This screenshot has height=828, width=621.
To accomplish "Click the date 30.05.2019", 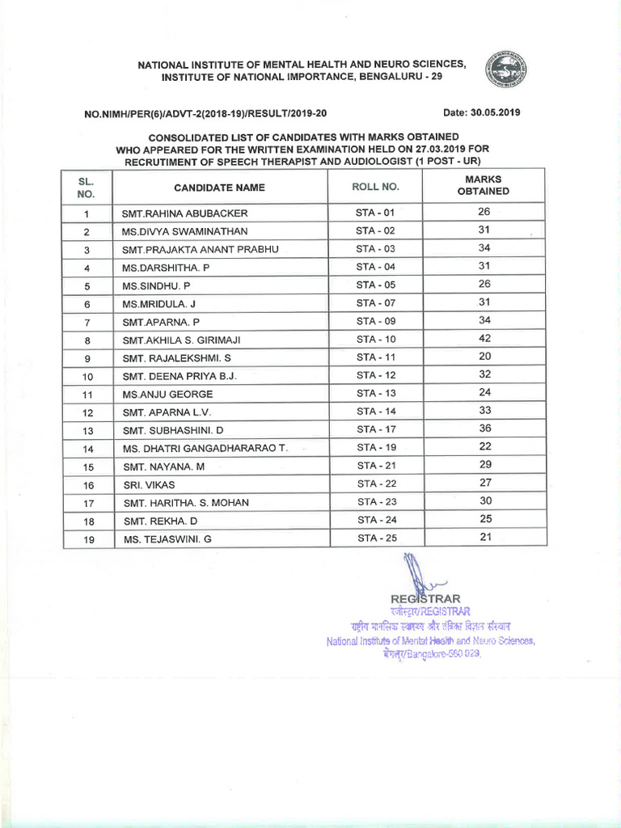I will (x=481, y=112).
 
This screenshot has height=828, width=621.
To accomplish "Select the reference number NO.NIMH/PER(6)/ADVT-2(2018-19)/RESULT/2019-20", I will (x=205, y=114).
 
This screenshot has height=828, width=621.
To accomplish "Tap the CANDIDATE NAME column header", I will (x=219, y=188).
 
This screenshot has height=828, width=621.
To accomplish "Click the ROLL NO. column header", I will (x=375, y=187).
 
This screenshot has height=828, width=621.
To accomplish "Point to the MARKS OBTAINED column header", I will (x=484, y=185).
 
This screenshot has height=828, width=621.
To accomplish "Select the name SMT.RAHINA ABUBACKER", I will (x=184, y=214).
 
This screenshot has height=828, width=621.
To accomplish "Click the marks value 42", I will (x=484, y=339).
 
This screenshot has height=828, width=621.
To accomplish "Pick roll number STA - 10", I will (x=376, y=340).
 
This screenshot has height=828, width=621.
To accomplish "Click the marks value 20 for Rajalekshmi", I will (x=484, y=357).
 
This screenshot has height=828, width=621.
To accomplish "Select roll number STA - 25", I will (x=376, y=538).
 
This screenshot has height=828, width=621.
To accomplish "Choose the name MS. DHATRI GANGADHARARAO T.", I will (x=205, y=449).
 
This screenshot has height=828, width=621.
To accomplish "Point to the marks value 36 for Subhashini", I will (x=484, y=429).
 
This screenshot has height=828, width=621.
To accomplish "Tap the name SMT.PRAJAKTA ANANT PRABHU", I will (x=200, y=250).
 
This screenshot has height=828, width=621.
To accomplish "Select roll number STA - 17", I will (x=376, y=429).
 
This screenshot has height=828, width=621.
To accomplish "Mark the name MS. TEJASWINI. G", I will (x=167, y=539).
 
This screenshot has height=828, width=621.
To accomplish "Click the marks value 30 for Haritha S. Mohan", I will (x=484, y=501).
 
